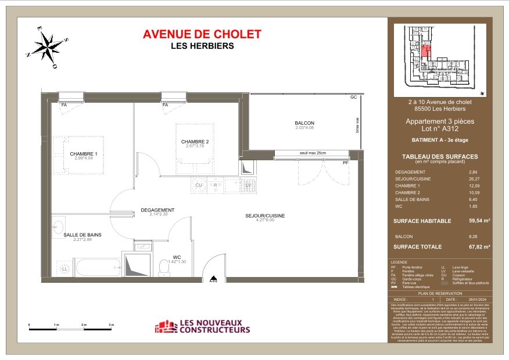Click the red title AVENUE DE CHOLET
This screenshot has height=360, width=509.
(202, 35)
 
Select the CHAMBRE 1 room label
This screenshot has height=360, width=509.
(84, 154)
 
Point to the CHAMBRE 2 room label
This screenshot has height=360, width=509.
(195, 142)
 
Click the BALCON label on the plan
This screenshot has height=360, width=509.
(304, 123)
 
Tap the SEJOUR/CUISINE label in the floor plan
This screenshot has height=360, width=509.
(265, 216)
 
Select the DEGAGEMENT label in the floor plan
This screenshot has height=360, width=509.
(157, 210)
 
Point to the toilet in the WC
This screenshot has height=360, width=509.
(163, 267)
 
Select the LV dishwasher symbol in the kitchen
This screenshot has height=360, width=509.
(247, 186)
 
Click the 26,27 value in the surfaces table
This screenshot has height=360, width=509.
(473, 179)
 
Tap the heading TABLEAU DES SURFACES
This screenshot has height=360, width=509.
(440, 157)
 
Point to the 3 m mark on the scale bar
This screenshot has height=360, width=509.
(111, 324)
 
